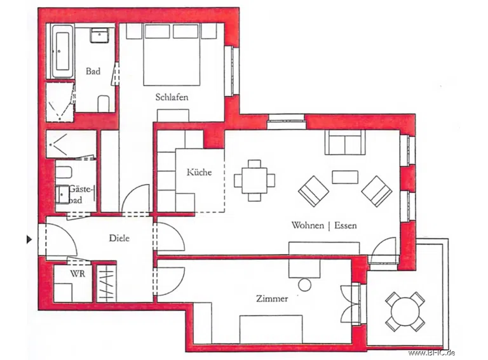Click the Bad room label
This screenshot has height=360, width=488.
93,71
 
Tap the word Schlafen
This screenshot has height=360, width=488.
172,97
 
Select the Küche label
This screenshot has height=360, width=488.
199,172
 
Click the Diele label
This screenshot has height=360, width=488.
119,238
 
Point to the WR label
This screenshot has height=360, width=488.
78,274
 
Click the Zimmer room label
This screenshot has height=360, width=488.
272,298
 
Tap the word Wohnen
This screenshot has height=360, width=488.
308,225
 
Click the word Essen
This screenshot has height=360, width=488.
346,225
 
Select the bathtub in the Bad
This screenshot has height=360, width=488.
62,51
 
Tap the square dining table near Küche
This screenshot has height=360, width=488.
255,180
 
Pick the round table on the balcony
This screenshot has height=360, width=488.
405,312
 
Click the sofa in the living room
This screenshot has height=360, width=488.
345,142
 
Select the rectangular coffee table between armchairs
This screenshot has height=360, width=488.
345,177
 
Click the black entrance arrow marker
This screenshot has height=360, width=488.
29,239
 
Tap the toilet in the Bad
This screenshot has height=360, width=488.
104,104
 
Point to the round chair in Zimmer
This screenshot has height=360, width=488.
305,285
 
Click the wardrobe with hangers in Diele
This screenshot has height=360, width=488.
106,284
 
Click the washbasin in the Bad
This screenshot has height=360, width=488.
100,35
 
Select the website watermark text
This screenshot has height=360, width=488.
431,353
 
